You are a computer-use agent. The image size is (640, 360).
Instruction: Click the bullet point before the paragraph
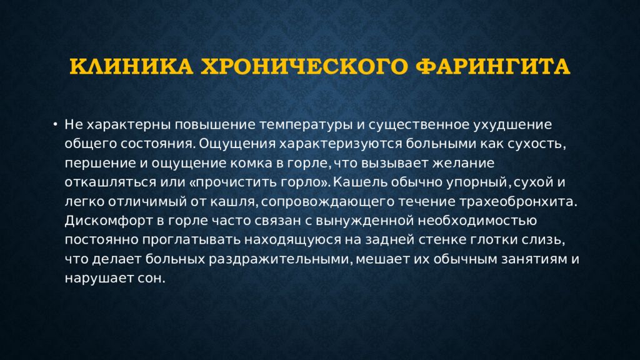(x=55, y=124)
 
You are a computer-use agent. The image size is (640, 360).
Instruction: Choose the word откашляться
(x=112, y=182)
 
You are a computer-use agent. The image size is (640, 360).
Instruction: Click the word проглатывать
(x=191, y=240)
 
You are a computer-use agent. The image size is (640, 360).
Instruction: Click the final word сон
(x=152, y=278)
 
